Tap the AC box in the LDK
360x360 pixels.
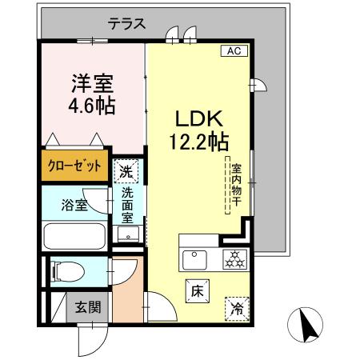234,51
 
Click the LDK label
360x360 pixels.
198,120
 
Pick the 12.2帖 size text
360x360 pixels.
198,142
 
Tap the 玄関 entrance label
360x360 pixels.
88,306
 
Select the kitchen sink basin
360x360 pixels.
194,259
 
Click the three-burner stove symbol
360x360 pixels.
234,258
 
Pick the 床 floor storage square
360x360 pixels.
195,291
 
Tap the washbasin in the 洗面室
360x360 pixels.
127,234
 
